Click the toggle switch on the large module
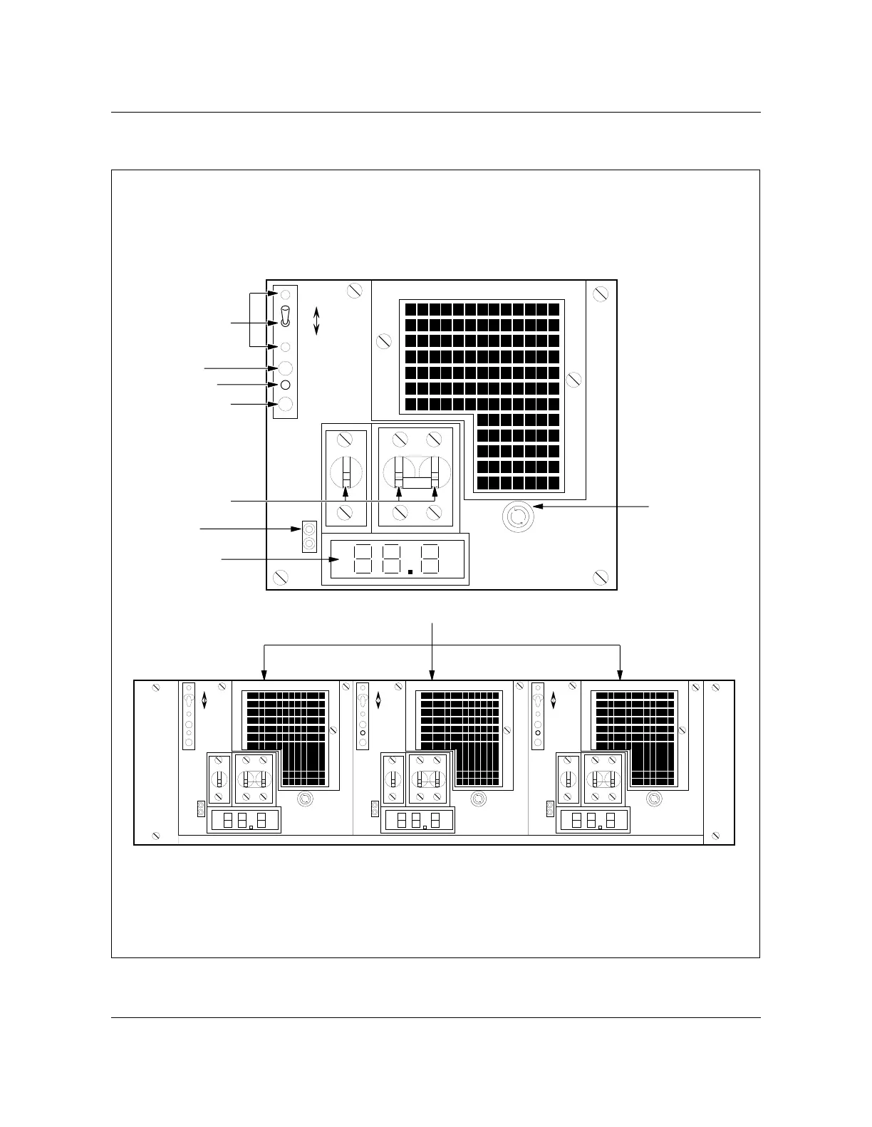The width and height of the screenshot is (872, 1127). (x=285, y=317)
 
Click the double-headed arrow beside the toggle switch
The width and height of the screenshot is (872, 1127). (x=317, y=321)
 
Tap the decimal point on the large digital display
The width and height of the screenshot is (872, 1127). (x=410, y=571)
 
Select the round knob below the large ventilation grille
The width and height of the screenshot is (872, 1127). (x=517, y=516)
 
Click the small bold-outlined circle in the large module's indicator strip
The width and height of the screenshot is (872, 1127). (x=285, y=385)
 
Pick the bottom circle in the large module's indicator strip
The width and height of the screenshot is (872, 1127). (x=285, y=405)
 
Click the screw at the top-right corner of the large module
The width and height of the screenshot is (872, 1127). (x=601, y=293)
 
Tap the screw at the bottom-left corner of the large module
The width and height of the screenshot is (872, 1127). (x=281, y=575)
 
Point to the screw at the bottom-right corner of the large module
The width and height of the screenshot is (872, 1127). (x=601, y=576)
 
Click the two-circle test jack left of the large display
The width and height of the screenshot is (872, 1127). (x=309, y=536)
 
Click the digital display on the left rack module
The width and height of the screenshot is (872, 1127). (x=243, y=820)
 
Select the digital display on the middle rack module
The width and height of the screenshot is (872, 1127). (x=418, y=820)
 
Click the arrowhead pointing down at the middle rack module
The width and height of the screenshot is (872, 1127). (x=432, y=675)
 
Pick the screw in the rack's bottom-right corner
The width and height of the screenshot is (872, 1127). (x=715, y=836)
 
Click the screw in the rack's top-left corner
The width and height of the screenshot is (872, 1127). (x=155, y=688)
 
